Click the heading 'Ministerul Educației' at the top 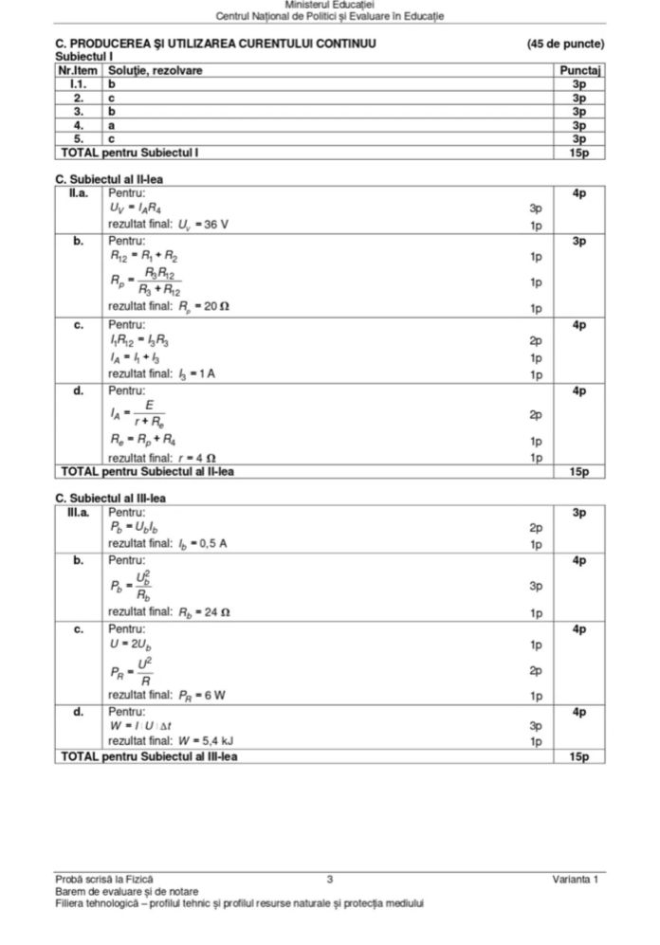pyautogui.click(x=329, y=6)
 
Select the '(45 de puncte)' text pyautogui.click(x=565, y=45)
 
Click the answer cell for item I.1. pyautogui.click(x=112, y=84)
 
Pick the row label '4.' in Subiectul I pyautogui.click(x=80, y=124)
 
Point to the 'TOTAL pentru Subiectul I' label pyautogui.click(x=130, y=151)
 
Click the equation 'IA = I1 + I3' pyautogui.click(x=134, y=357)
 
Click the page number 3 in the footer pyautogui.click(x=328, y=881)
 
